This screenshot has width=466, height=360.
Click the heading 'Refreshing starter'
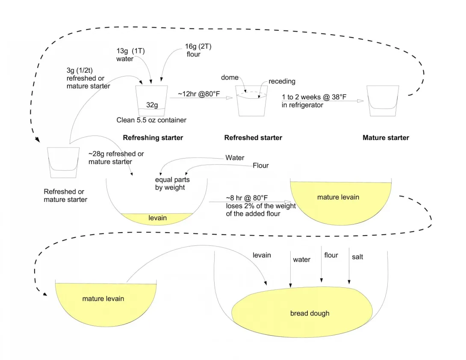tap(153, 138)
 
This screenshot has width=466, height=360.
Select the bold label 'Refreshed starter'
tap(253, 138)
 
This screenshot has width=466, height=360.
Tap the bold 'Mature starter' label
tap(386, 138)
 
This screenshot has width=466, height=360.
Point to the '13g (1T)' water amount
tap(131, 51)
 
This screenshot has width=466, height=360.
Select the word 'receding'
tap(282, 81)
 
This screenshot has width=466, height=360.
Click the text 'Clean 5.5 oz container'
tap(151, 120)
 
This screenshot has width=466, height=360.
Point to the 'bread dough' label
tap(310, 313)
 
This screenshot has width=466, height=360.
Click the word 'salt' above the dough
tap(357, 257)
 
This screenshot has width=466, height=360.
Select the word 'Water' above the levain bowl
tap(235, 158)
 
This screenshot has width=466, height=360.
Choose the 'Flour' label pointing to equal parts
tap(261, 165)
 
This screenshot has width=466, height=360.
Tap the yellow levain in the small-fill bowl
tap(157, 218)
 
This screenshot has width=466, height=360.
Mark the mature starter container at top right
tap(383, 100)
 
